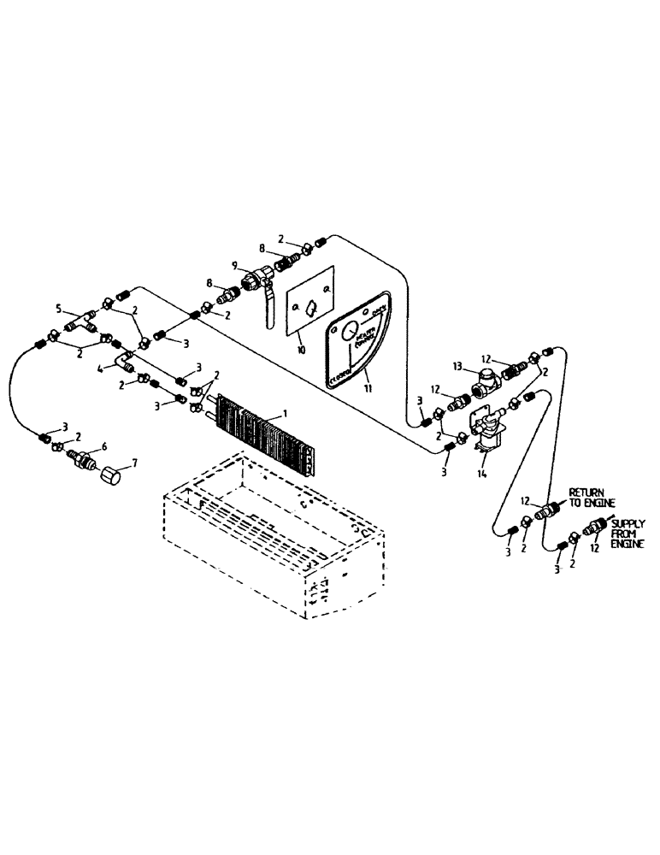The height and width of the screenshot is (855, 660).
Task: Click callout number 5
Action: click(58, 308)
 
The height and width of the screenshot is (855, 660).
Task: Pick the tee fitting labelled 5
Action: click(83, 321)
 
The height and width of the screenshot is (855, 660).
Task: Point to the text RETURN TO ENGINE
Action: click(586, 498)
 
